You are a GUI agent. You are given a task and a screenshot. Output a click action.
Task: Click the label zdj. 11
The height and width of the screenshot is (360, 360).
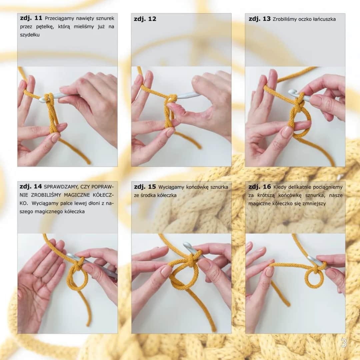click(x=31, y=18)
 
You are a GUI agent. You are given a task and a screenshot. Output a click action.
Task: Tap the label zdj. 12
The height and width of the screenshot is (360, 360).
click(x=145, y=19)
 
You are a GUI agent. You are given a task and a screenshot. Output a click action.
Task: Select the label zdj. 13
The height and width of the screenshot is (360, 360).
click(x=259, y=19)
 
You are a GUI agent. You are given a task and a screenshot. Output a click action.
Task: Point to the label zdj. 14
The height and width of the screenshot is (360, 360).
click(x=31, y=186)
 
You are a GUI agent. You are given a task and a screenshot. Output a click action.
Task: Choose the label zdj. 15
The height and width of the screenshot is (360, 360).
click(x=145, y=187)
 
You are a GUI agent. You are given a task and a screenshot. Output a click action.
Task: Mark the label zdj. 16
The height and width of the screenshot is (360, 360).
click(x=259, y=187)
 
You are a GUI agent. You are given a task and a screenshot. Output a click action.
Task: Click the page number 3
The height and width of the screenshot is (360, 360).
click(x=343, y=343)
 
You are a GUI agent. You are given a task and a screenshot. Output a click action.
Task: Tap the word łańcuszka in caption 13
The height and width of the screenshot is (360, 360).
click(x=324, y=19)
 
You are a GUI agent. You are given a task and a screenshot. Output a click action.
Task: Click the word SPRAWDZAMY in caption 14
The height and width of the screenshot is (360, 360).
click(x=60, y=187)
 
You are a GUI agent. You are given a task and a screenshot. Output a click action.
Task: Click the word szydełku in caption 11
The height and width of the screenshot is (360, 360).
click(x=30, y=35)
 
